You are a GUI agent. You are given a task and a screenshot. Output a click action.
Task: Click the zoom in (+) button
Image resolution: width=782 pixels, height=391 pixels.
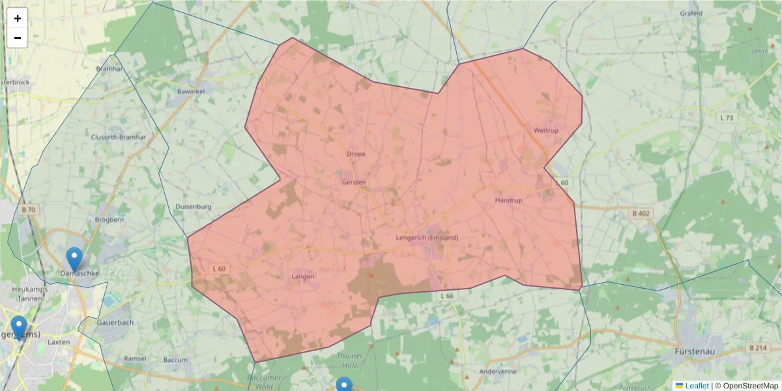(x=18, y=18)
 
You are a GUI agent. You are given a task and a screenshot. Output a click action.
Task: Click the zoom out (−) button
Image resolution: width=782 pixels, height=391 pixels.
(x=18, y=38)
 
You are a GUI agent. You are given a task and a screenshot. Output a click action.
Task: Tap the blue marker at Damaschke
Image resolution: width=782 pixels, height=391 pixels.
(x=75, y=259)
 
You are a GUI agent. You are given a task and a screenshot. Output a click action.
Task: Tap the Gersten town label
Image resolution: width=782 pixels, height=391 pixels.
(x=354, y=182)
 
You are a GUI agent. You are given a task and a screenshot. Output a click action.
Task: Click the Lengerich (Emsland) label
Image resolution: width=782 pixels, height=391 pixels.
(x=427, y=238)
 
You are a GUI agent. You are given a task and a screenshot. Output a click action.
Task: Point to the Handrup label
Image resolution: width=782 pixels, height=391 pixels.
(x=508, y=201)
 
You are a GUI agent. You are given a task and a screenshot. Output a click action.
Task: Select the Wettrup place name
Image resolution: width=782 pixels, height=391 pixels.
(x=546, y=131)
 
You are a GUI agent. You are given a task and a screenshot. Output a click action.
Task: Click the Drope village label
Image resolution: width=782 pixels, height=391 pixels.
(x=356, y=154)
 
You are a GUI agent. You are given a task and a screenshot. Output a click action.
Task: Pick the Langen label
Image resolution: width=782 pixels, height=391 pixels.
(x=303, y=276)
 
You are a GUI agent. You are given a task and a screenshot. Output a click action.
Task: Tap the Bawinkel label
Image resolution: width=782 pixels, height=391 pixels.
(x=191, y=92)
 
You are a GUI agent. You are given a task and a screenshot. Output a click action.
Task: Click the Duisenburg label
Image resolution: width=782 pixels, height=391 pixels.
(x=194, y=207)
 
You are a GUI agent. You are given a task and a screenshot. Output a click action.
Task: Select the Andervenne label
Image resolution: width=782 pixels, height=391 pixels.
(x=497, y=371)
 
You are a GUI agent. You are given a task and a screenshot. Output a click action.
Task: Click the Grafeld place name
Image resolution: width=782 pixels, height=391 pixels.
(x=691, y=13)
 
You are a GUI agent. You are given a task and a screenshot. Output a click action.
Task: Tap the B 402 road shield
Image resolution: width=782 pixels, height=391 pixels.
(x=641, y=214)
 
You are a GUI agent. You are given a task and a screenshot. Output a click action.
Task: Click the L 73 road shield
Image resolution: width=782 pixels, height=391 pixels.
(x=726, y=117)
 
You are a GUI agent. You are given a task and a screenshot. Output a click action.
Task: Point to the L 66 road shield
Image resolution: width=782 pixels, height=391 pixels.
(x=446, y=297)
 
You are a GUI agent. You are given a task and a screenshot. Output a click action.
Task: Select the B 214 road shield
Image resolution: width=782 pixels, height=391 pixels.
(x=758, y=348)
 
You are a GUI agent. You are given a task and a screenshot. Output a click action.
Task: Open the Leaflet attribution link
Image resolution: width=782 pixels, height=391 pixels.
(x=696, y=386)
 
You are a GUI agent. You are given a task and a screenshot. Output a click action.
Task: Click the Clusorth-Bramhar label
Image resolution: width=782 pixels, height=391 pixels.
(x=119, y=137)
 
